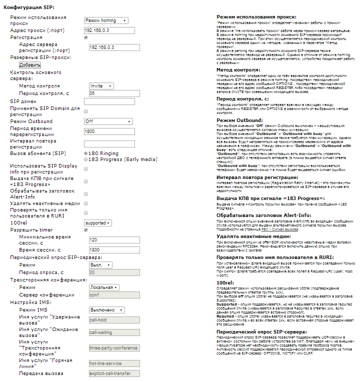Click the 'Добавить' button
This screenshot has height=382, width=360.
29,65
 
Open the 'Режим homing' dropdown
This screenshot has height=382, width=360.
106,20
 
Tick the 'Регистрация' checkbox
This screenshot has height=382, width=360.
86,37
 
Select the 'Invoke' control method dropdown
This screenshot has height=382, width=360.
101,86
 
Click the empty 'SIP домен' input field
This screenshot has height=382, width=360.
109,101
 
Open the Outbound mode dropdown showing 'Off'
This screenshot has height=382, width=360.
108,121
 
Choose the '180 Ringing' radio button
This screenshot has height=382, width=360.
86,153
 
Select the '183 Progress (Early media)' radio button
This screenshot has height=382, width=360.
86,159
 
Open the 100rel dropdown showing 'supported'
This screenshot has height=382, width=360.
97,223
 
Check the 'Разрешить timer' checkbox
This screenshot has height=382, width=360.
86,230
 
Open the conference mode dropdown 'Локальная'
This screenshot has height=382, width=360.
104,287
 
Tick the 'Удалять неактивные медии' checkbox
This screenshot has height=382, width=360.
86,203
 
